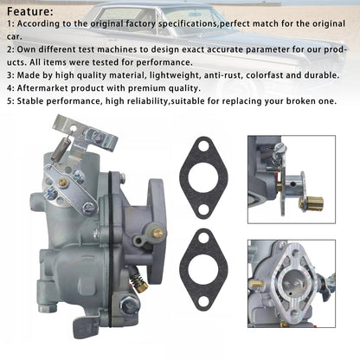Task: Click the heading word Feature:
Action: (x=30, y=11)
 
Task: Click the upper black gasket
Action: (x=203, y=178)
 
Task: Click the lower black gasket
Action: (x=203, y=270)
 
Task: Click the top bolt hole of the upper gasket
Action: (x=203, y=146)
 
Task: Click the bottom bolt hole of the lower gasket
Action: (x=203, y=301)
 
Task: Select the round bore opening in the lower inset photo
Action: (x=292, y=280)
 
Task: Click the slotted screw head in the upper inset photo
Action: (x=279, y=148)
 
